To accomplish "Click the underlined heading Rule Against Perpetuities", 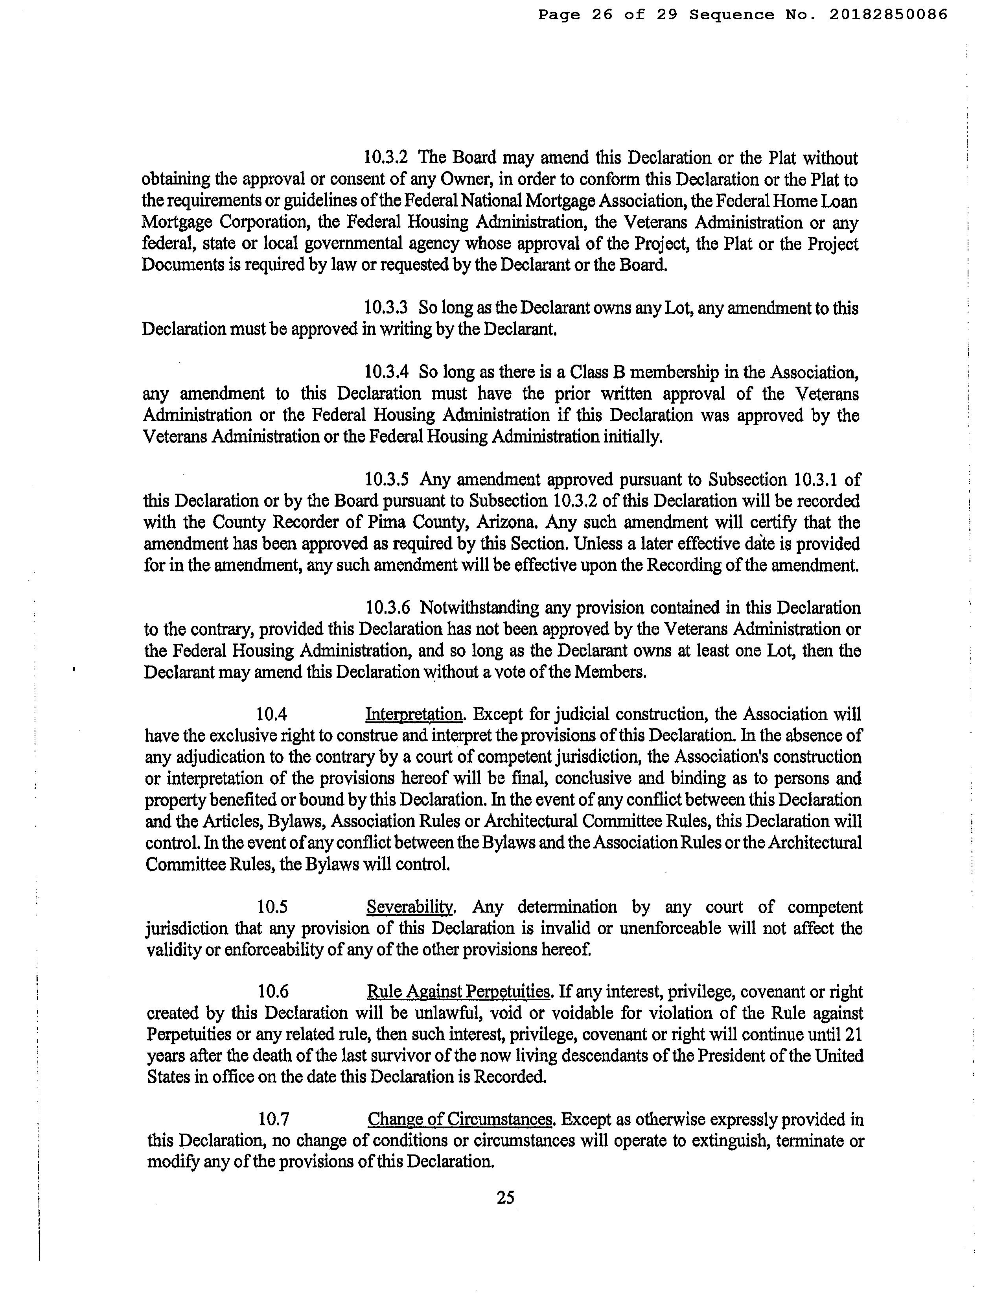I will [458, 992].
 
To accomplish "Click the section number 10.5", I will [273, 907].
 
